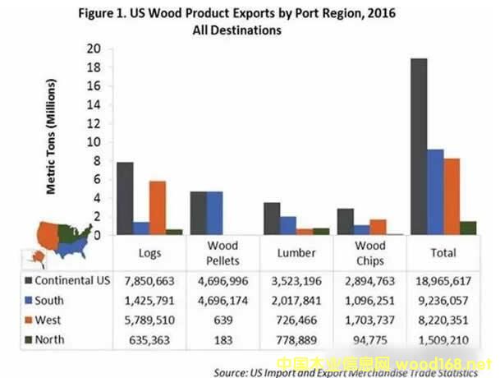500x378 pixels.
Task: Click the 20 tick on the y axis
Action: [x=94, y=48]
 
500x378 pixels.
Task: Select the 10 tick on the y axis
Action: [x=94, y=142]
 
